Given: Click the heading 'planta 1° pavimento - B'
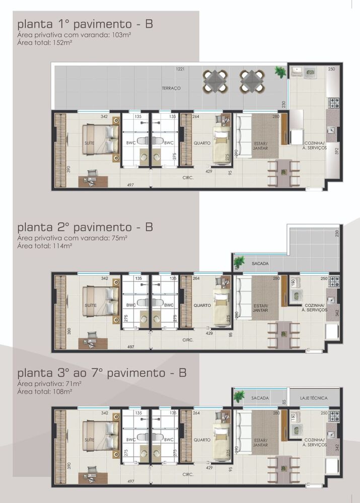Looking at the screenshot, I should click(85, 24).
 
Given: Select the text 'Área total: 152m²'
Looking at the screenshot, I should click(44, 43).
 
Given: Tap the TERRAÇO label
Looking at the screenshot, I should click(171, 88).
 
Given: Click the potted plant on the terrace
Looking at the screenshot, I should click(280, 72).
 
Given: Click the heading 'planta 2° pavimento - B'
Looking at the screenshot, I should click(85, 227).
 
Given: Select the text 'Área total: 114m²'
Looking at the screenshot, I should click(44, 246).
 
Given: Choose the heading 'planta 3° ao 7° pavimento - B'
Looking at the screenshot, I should click(102, 373).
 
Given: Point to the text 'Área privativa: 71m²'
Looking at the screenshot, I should click(49, 384).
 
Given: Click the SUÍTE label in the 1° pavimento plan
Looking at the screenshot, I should click(90, 143).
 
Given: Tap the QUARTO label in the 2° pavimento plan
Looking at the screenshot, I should click(202, 305).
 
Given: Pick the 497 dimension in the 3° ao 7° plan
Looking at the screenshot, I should click(131, 481).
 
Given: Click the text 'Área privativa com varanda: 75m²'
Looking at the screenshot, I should click(72, 237).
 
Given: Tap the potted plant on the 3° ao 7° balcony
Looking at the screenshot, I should click(239, 395).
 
